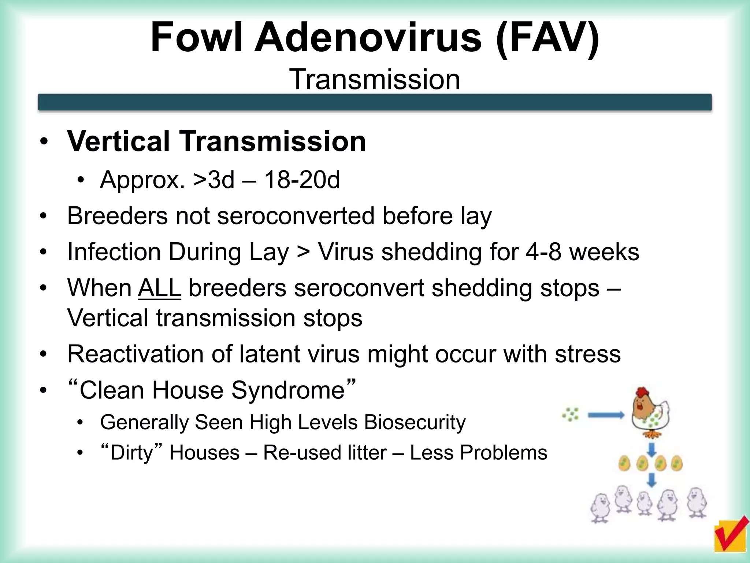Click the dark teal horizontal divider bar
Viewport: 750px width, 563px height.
coord(375,102)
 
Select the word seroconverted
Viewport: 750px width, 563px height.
coord(296,216)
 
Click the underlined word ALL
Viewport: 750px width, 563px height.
coord(160,288)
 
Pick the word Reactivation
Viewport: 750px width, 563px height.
coord(135,354)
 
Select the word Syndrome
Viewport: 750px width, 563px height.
coord(288,390)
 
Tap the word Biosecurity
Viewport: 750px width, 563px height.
coord(415,422)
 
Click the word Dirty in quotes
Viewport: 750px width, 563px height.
coord(131,453)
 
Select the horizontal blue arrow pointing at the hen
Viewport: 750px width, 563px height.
coord(606,415)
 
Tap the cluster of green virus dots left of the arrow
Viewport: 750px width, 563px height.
coord(571,414)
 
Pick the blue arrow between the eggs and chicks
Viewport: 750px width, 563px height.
coord(651,480)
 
